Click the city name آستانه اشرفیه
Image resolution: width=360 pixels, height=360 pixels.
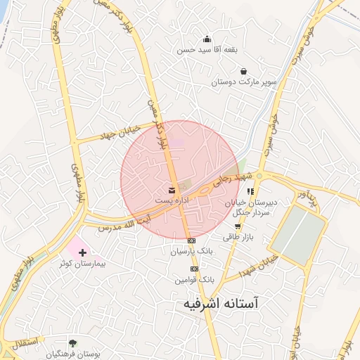(x=217, y=304)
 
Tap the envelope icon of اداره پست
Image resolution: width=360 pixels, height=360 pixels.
(x=172, y=191)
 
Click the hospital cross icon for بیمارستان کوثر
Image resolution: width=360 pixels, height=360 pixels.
(x=84, y=252)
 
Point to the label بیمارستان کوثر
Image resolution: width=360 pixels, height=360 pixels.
(x=84, y=263)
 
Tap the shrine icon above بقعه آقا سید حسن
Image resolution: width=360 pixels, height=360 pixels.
(x=207, y=39)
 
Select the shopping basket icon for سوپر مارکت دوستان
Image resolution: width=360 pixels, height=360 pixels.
(x=243, y=71)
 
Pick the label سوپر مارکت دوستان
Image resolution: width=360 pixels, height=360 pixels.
(x=243, y=82)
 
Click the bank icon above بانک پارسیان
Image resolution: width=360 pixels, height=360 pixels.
(x=191, y=241)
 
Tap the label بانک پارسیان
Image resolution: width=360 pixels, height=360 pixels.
(x=191, y=251)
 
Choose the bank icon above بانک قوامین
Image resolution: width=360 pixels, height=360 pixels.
(x=194, y=269)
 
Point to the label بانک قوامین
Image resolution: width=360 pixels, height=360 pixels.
(x=194, y=279)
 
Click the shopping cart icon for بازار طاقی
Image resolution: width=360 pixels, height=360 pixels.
(x=238, y=226)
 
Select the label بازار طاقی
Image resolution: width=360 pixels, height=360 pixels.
(x=238, y=238)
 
